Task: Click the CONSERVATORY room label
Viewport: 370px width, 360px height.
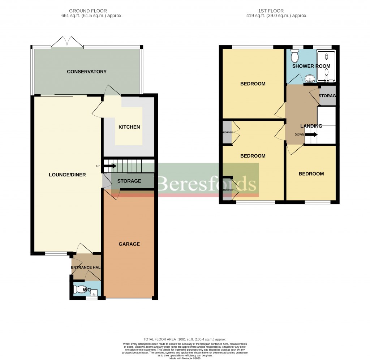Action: pyautogui.click(x=87, y=72)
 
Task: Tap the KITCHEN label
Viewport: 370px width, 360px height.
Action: pyautogui.click(x=129, y=127)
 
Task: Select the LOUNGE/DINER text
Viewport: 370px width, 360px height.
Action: pyautogui.click(x=67, y=175)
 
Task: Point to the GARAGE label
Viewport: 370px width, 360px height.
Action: pyautogui.click(x=129, y=244)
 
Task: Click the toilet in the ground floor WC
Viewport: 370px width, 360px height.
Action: pyautogui.click(x=78, y=290)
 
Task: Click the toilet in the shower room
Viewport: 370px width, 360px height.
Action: pyautogui.click(x=294, y=57)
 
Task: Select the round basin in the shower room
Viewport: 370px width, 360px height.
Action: pyautogui.click(x=309, y=78)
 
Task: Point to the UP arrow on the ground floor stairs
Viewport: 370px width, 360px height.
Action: pyautogui.click(x=109, y=166)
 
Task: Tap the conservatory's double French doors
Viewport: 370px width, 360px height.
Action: pyautogui.click(x=67, y=42)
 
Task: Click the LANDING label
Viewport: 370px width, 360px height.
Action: pyautogui.click(x=311, y=126)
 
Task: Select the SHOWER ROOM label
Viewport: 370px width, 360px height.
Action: pyautogui.click(x=311, y=66)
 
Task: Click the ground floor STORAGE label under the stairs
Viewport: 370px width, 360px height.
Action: pyautogui.click(x=129, y=181)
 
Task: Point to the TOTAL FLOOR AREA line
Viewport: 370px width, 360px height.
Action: pyautogui.click(x=185, y=339)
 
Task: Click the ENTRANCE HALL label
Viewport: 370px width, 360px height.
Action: pyautogui.click(x=86, y=267)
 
